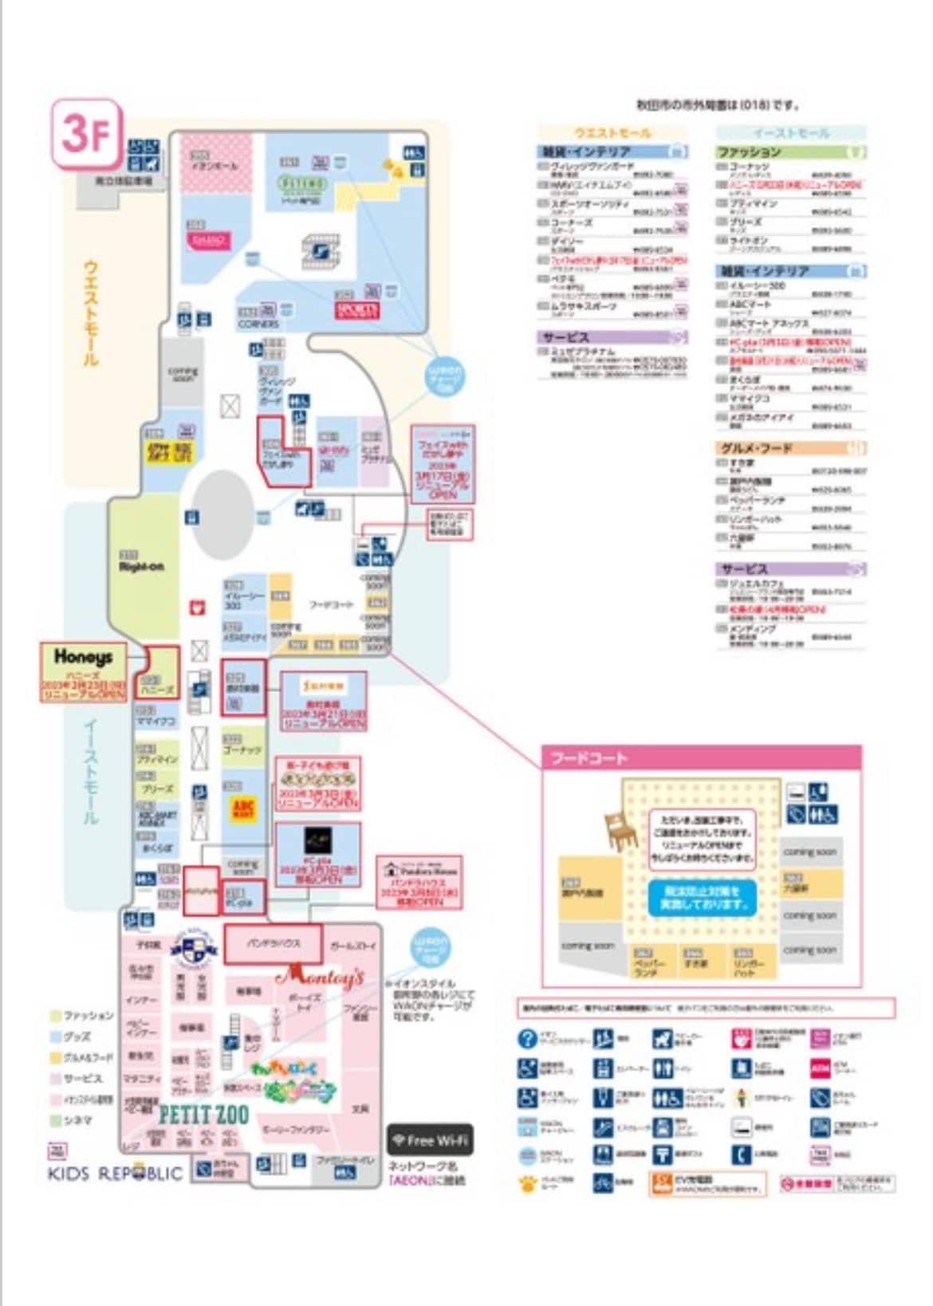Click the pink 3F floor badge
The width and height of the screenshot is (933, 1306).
[x=87, y=133]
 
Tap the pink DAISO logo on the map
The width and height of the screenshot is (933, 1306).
[x=209, y=240]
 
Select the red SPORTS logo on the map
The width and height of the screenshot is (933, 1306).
[x=356, y=309]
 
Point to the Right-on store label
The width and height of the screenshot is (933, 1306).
[x=141, y=566]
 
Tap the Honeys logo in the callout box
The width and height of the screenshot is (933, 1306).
[x=83, y=658]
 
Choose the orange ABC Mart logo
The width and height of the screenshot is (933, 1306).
[x=243, y=808]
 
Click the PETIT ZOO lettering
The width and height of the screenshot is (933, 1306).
[x=204, y=1114]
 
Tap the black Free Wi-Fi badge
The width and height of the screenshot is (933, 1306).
[x=430, y=1140]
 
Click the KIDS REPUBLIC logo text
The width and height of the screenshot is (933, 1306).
[x=116, y=1174]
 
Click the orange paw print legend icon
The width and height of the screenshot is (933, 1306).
[x=527, y=1182]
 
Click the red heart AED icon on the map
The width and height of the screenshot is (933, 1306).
[x=196, y=608]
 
